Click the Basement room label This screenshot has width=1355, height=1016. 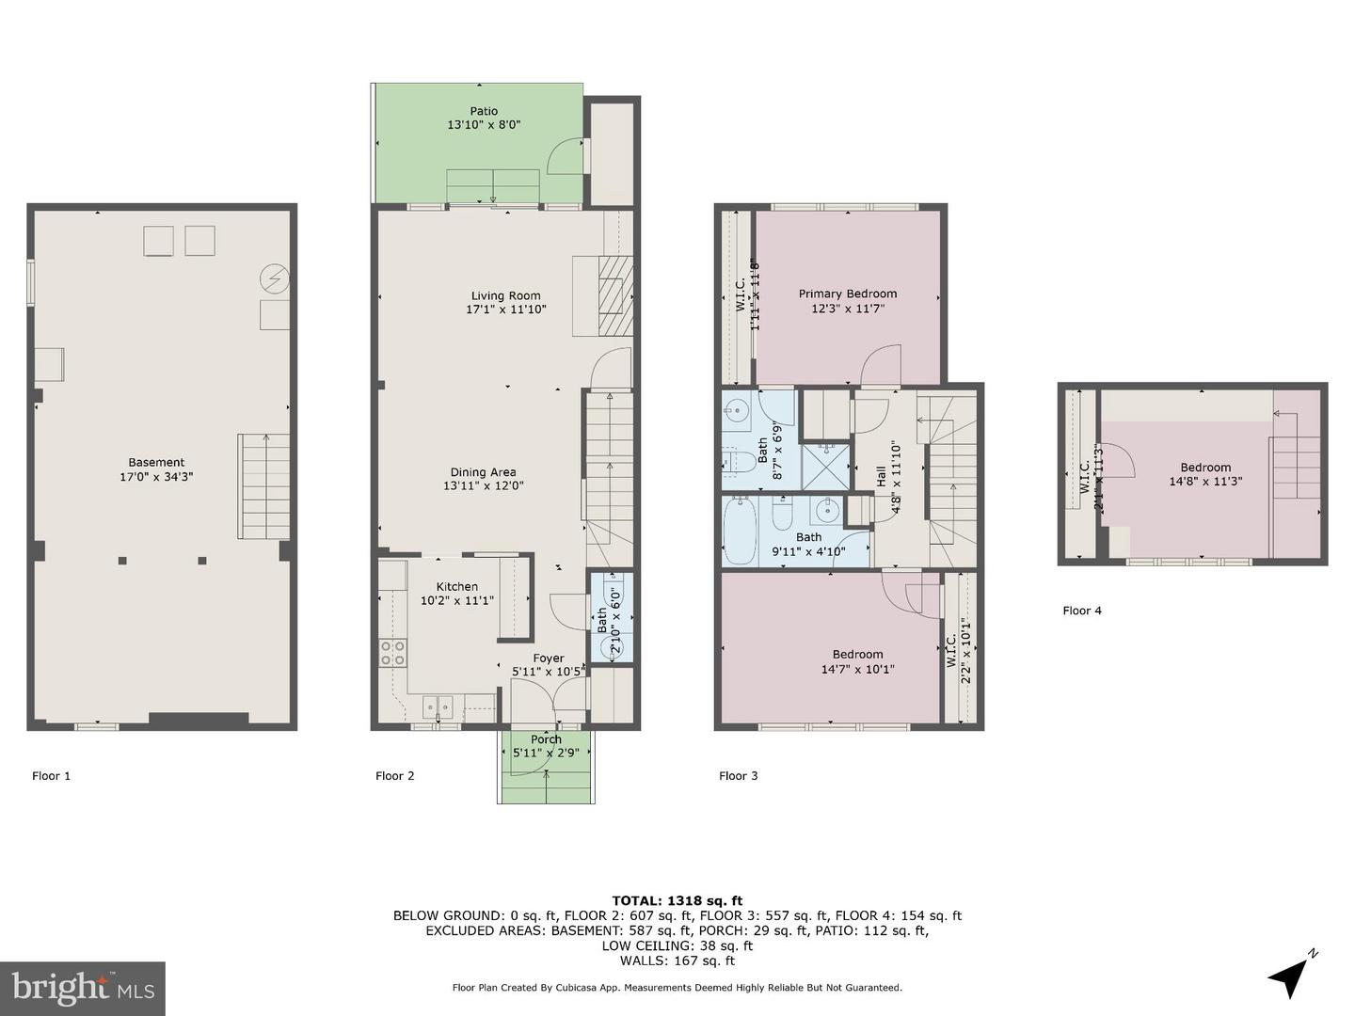[x=156, y=462]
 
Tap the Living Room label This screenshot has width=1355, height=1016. [x=506, y=295]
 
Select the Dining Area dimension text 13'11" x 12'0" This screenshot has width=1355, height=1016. [x=483, y=486]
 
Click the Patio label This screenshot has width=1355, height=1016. [x=484, y=111]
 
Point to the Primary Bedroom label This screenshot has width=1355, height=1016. [x=848, y=294]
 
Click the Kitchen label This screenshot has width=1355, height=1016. [x=456, y=586]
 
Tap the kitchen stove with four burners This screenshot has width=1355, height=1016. [x=393, y=653]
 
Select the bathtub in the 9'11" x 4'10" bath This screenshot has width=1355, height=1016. [x=740, y=532]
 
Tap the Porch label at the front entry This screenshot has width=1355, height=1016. [x=546, y=739]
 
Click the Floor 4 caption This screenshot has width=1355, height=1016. [x=1082, y=611]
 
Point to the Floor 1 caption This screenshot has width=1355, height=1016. [x=52, y=776]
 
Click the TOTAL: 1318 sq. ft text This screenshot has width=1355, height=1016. [x=677, y=900]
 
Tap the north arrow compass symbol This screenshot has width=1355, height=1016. [x=1290, y=976]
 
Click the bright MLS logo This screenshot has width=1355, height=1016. [x=83, y=988]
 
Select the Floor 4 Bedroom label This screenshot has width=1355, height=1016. [x=1205, y=468]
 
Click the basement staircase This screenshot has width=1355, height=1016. [x=263, y=485]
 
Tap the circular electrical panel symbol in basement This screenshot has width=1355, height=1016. [x=276, y=278]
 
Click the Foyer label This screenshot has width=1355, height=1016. [x=549, y=659]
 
